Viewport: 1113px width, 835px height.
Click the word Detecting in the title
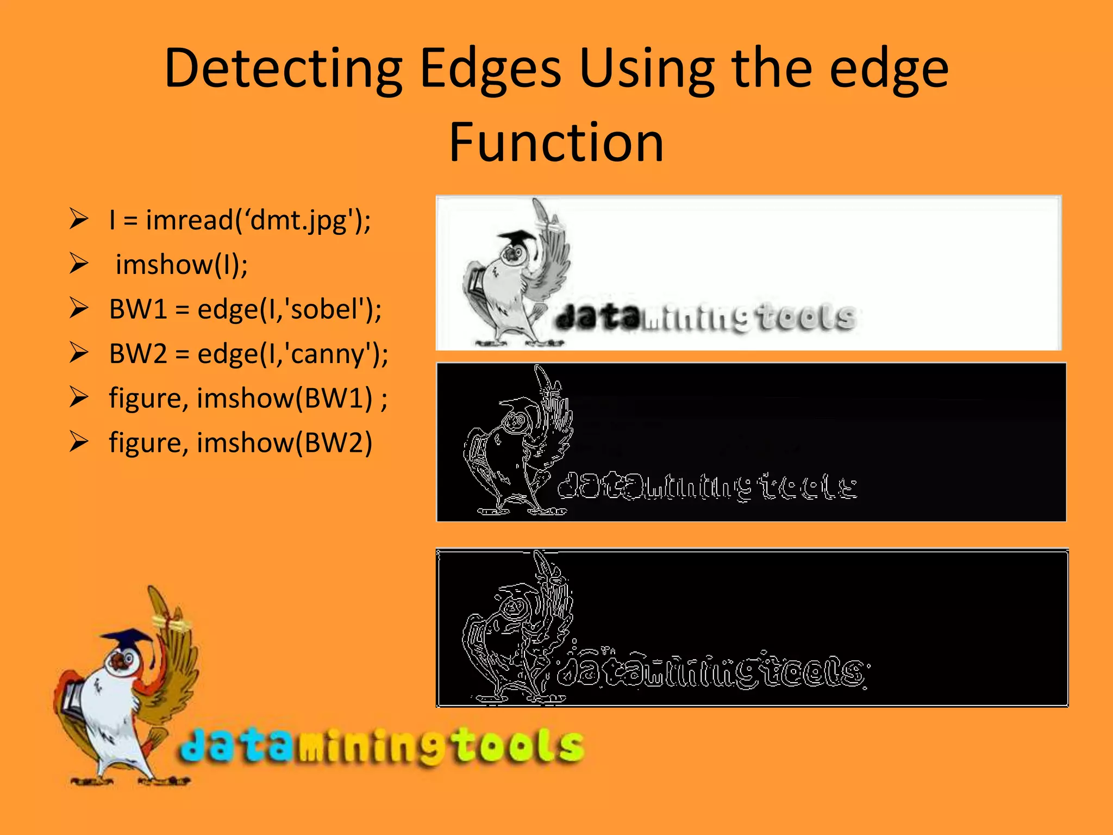click(283, 69)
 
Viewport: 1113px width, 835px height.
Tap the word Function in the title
click(556, 142)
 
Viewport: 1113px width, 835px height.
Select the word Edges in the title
click(490, 69)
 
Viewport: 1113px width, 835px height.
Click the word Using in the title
click(647, 69)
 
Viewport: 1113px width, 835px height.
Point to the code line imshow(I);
click(182, 265)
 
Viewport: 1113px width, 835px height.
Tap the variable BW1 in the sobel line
click(138, 309)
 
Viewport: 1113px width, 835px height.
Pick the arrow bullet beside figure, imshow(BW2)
click(79, 442)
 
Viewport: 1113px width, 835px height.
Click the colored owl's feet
click(130, 780)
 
